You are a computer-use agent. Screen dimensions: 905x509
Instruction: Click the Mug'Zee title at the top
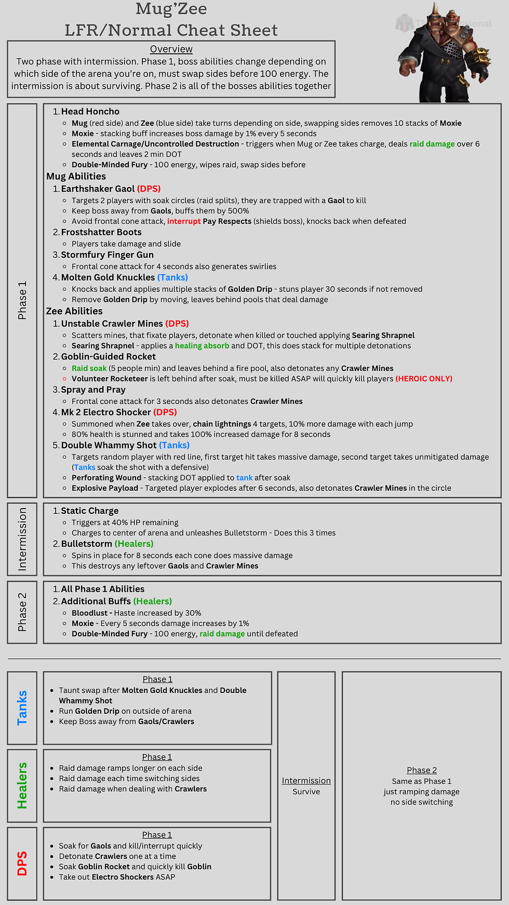click(x=171, y=9)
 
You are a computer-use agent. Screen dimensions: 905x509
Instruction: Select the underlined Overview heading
click(x=171, y=49)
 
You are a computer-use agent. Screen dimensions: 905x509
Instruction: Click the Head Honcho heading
click(x=90, y=112)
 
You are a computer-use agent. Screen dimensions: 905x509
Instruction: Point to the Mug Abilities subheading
click(x=76, y=177)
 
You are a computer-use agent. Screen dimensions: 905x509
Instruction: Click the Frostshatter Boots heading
click(x=101, y=232)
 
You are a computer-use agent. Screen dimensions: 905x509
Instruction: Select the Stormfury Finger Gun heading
click(x=107, y=255)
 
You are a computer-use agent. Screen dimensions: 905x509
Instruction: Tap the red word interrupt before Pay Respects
click(x=184, y=221)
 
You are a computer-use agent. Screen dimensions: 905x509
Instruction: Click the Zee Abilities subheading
click(x=74, y=311)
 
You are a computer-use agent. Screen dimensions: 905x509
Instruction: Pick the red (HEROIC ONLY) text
click(x=424, y=379)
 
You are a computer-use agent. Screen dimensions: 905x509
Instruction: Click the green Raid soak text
click(x=89, y=368)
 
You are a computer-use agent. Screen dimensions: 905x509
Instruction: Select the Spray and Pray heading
click(x=93, y=390)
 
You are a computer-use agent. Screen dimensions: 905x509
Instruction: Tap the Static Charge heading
click(x=89, y=511)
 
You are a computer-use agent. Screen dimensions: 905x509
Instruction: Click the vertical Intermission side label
click(x=22, y=539)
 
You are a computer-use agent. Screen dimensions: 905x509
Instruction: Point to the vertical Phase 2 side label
click(x=22, y=612)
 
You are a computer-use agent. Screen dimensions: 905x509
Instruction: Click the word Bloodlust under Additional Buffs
click(x=89, y=613)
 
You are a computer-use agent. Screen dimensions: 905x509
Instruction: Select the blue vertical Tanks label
click(x=22, y=708)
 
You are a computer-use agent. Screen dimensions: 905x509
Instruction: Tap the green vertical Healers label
click(x=22, y=786)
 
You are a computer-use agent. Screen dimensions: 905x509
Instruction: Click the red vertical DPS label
click(x=22, y=863)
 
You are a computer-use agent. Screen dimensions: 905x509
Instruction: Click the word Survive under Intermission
click(x=306, y=792)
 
